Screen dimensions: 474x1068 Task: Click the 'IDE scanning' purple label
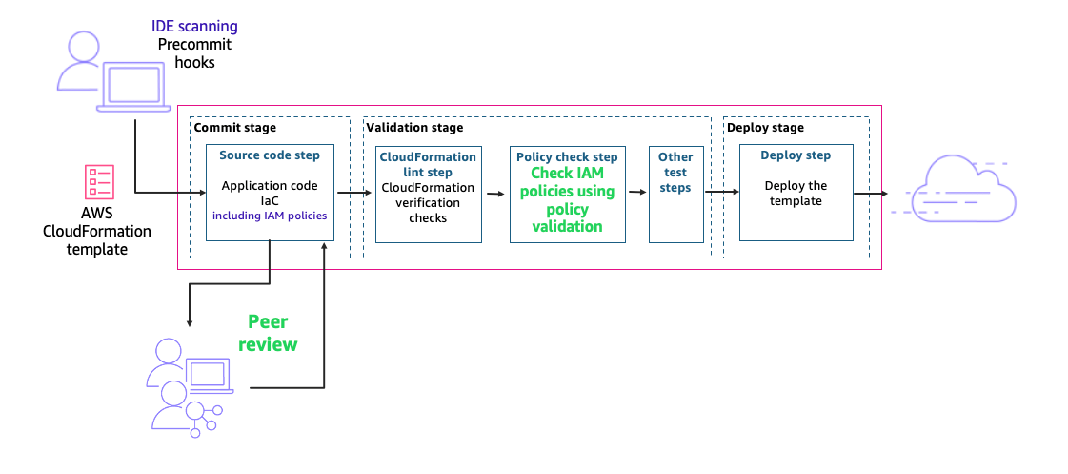tap(194, 27)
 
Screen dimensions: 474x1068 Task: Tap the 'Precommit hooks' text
tap(194, 53)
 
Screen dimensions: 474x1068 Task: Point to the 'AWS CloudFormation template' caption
tap(97, 231)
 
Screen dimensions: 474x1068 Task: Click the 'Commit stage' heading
tap(234, 128)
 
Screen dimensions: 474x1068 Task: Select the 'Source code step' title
tap(270, 155)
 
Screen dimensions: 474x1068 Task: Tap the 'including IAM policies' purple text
tap(270, 216)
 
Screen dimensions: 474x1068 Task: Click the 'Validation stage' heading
tap(414, 128)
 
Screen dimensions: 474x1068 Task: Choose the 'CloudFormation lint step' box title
tap(428, 163)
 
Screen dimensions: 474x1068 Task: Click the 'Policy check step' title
tap(567, 156)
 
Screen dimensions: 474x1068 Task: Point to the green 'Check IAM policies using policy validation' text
tap(567, 199)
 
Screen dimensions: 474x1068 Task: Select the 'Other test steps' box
tap(675, 194)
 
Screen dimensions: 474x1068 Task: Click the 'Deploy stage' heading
tap(765, 128)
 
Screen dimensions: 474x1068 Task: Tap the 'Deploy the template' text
tap(796, 194)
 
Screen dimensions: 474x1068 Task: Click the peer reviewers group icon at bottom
tap(183, 386)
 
